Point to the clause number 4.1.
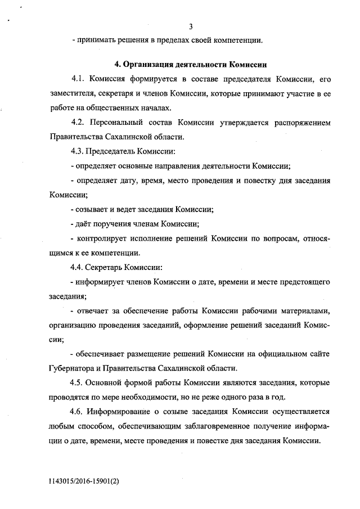coord(78,78)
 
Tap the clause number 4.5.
coord(78,384)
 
